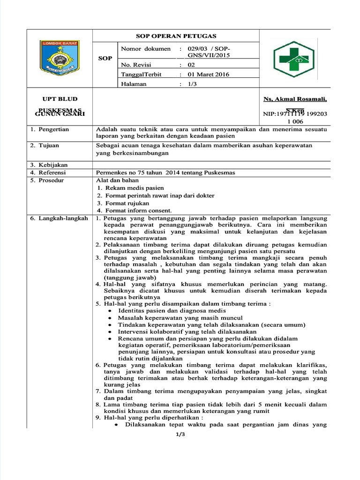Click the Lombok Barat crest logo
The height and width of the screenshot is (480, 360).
pos(59,59)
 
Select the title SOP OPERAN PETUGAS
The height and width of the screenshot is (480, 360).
pos(176,36)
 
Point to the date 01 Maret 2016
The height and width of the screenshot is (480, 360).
pos(209,74)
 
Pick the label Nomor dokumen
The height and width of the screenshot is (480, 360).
pos(146,49)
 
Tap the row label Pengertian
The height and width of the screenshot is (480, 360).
pos(51,129)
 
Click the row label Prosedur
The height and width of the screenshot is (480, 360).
pos(49,180)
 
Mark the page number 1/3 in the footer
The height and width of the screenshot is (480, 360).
pos(180,435)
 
